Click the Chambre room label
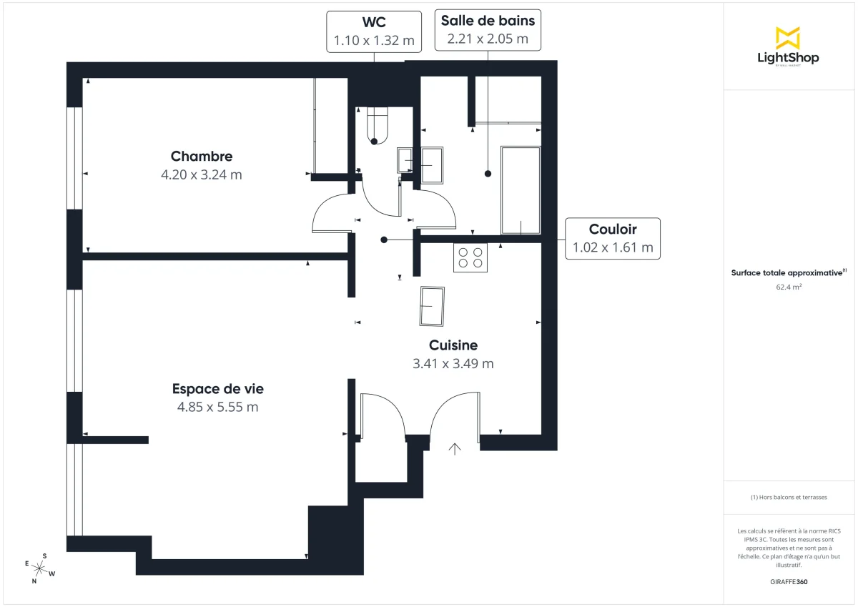pos(202,157)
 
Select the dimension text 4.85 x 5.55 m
pos(217,407)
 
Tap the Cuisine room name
pos(453,345)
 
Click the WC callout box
pos(374,31)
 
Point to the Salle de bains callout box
pos(488,30)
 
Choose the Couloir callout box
pos(613,239)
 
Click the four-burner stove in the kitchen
pos(470,257)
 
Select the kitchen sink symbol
pos(432,306)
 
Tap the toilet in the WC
pos(376,126)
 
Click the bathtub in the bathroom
pos(521,190)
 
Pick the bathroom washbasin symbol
pos(432,166)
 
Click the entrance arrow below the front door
pos(455,449)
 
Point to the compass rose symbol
pos(39,568)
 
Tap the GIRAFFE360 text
pos(788,582)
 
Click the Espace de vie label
pos(217,389)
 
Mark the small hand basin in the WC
pos(404,161)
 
